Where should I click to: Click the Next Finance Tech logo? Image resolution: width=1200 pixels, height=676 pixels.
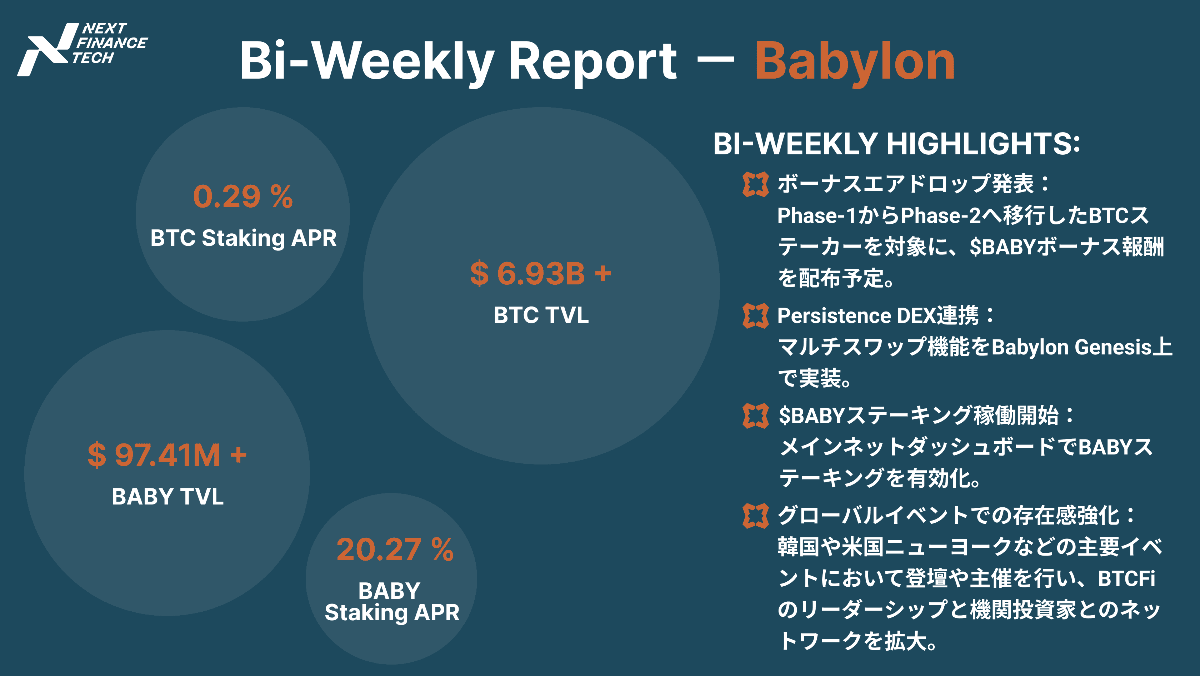[x=82, y=49]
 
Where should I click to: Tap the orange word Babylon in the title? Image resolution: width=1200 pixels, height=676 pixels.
[x=855, y=63]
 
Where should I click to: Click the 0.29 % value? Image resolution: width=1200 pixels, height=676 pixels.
[x=243, y=196]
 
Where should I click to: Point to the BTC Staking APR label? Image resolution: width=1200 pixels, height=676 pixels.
[x=243, y=238]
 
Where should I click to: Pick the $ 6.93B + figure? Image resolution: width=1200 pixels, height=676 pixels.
[x=540, y=273]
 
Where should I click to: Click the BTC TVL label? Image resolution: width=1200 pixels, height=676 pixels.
[x=541, y=315]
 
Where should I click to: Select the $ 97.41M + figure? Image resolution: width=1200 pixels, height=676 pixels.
[x=167, y=455]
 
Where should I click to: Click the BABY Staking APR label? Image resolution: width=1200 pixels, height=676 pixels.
[x=392, y=601]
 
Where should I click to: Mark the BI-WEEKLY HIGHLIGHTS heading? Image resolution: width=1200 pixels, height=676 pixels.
[x=896, y=144]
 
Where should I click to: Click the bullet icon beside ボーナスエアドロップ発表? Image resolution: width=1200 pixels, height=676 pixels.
[x=755, y=184]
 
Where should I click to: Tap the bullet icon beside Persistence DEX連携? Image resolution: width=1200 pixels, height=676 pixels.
[x=755, y=315]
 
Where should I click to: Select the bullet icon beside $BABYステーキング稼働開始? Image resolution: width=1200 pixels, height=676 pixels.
[x=755, y=416]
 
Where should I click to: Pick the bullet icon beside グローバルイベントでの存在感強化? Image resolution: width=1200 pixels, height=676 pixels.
[x=755, y=516]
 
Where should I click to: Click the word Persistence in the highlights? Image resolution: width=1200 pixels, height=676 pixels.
[x=834, y=316]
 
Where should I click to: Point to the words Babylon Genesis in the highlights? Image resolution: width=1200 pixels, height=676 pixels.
[x=1071, y=347]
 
